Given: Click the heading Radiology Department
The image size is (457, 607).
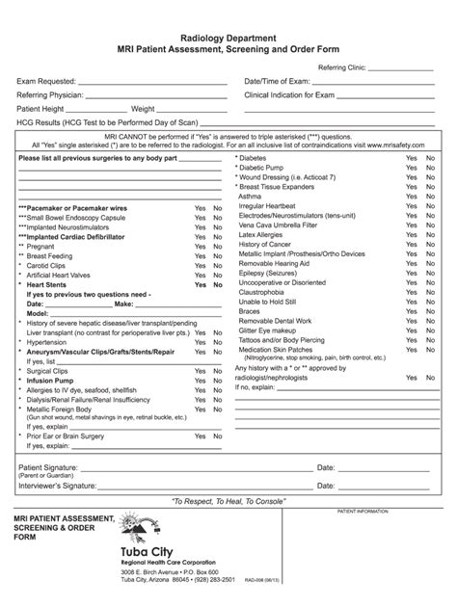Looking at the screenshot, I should click(229, 37).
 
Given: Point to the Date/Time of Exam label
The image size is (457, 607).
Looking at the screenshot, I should click(278, 83).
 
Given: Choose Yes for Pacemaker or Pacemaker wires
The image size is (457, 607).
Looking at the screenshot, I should click(200, 208).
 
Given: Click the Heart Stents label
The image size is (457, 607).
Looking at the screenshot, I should click(48, 285).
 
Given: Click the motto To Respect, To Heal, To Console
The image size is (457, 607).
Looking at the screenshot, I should click(228, 503).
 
